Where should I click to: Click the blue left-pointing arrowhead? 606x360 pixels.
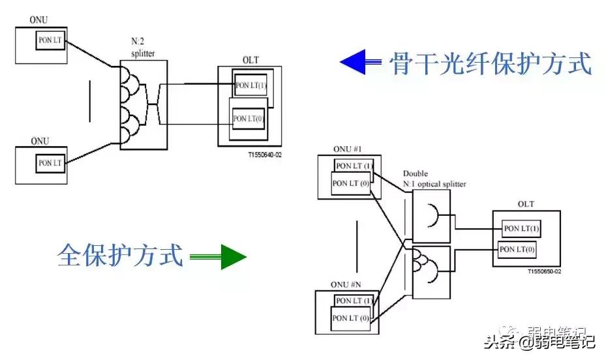pyautogui.click(x=352, y=63)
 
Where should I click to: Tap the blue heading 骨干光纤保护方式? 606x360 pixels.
pyautogui.click(x=490, y=64)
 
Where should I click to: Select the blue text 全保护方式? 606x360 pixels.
pyautogui.click(x=120, y=254)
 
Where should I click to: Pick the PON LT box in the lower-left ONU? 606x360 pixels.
pyautogui.click(x=50, y=162)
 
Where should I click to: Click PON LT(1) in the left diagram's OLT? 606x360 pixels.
pyautogui.click(x=250, y=85)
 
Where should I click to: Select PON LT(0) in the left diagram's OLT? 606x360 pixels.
pyautogui.click(x=249, y=119)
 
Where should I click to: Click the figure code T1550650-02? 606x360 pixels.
pyautogui.click(x=544, y=271)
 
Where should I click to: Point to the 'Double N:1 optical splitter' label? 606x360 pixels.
pyautogui.click(x=434, y=179)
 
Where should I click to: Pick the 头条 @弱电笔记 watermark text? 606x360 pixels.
pyautogui.click(x=539, y=340)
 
